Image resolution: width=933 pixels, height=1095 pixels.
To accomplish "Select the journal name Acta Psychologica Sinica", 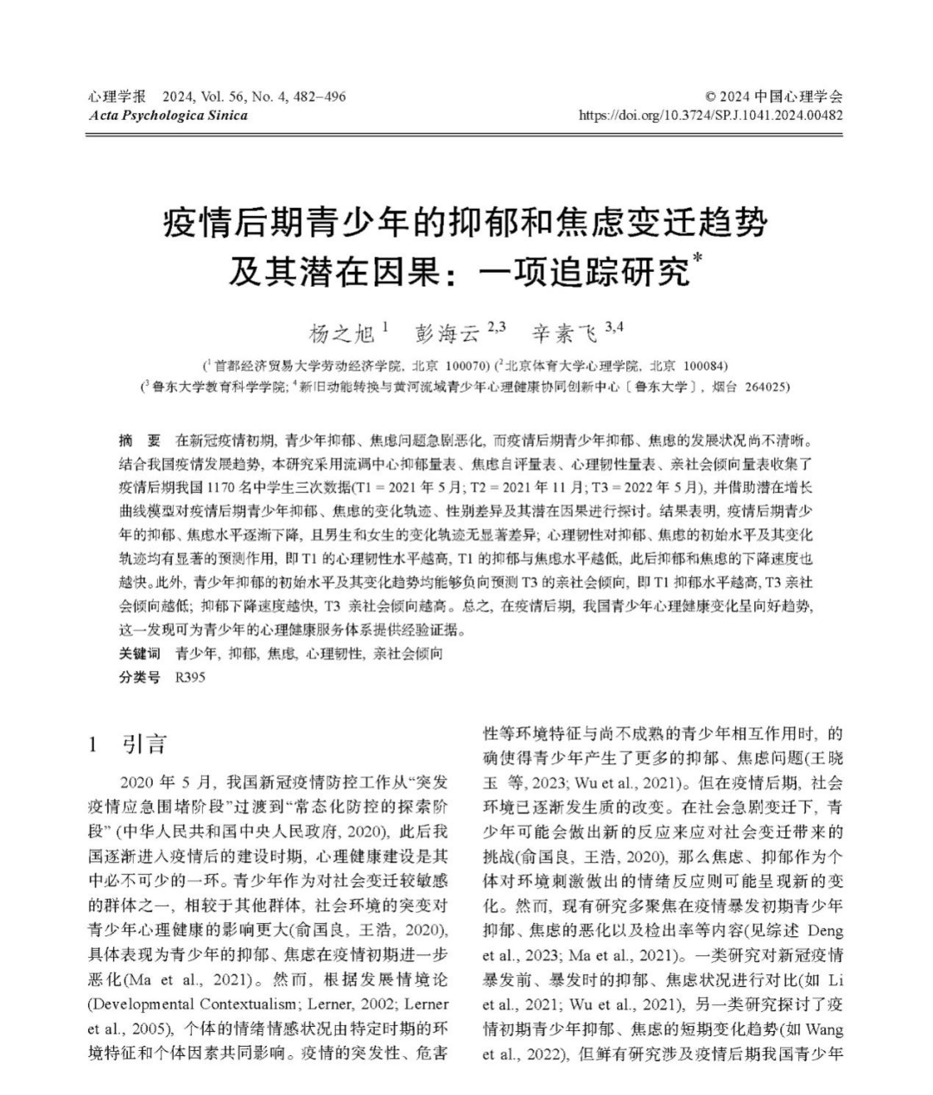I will click(x=168, y=116).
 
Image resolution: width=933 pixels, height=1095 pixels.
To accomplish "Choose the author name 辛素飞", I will click(x=563, y=333).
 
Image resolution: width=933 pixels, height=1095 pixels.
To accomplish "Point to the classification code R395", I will click(x=190, y=677).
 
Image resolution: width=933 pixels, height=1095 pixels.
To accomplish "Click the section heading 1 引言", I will click(x=127, y=744).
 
